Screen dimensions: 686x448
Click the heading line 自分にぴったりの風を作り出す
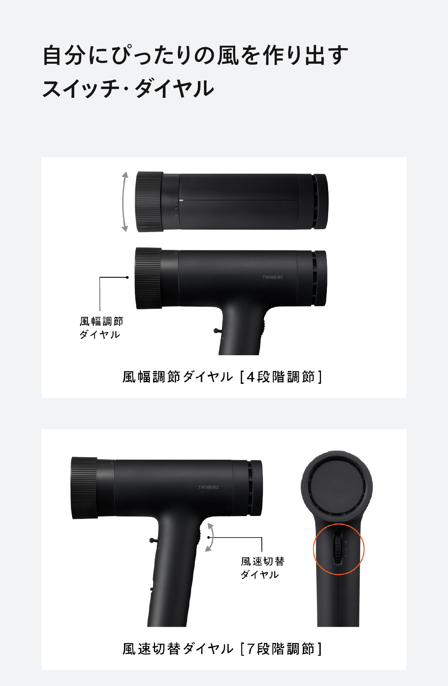tap(195, 56)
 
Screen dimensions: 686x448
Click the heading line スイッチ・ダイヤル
tap(128, 89)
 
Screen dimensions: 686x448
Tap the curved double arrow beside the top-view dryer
tap(124, 202)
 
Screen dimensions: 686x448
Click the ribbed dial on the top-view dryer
tap(149, 201)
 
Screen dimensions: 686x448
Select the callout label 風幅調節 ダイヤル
tap(101, 328)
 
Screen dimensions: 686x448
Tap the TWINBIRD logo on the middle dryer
tap(273, 277)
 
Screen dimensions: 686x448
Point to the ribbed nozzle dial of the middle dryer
tap(148, 278)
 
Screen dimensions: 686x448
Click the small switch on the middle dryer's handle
tap(217, 331)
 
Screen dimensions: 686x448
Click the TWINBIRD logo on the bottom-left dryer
tap(208, 487)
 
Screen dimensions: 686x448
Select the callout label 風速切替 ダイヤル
tap(262, 567)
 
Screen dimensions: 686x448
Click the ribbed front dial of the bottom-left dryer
tap(84, 488)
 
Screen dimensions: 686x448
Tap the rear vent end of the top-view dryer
tap(320, 201)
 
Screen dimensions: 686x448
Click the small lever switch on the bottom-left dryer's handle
tap(153, 540)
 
